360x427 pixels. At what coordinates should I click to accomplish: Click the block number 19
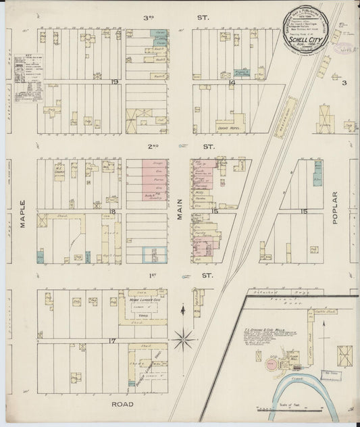tap(115, 82)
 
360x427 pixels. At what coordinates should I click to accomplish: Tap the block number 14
tap(231, 82)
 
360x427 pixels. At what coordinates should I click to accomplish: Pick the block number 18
tap(113, 212)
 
